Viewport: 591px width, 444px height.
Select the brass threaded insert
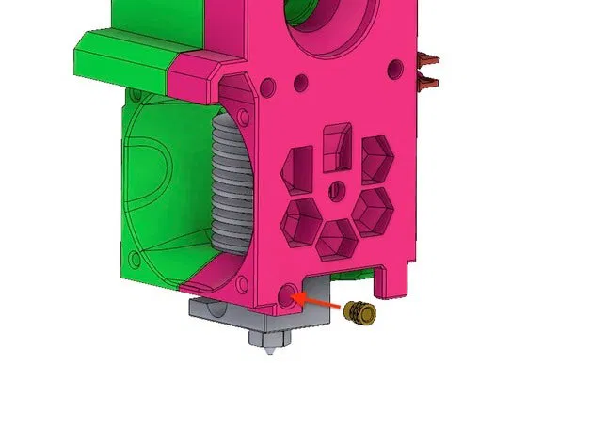click(359, 312)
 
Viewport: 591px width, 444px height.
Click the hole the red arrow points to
click(289, 296)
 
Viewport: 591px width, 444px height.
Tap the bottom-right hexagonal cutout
click(373, 209)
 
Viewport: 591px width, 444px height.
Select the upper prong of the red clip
click(429, 58)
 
